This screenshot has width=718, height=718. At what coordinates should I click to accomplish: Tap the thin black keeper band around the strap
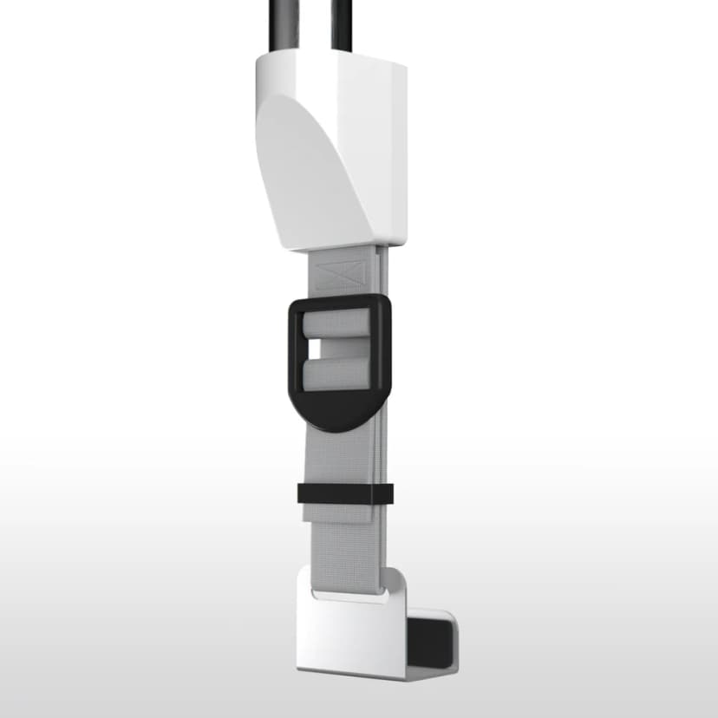tap(344, 493)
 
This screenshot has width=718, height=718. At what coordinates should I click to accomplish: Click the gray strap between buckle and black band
tap(343, 455)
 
